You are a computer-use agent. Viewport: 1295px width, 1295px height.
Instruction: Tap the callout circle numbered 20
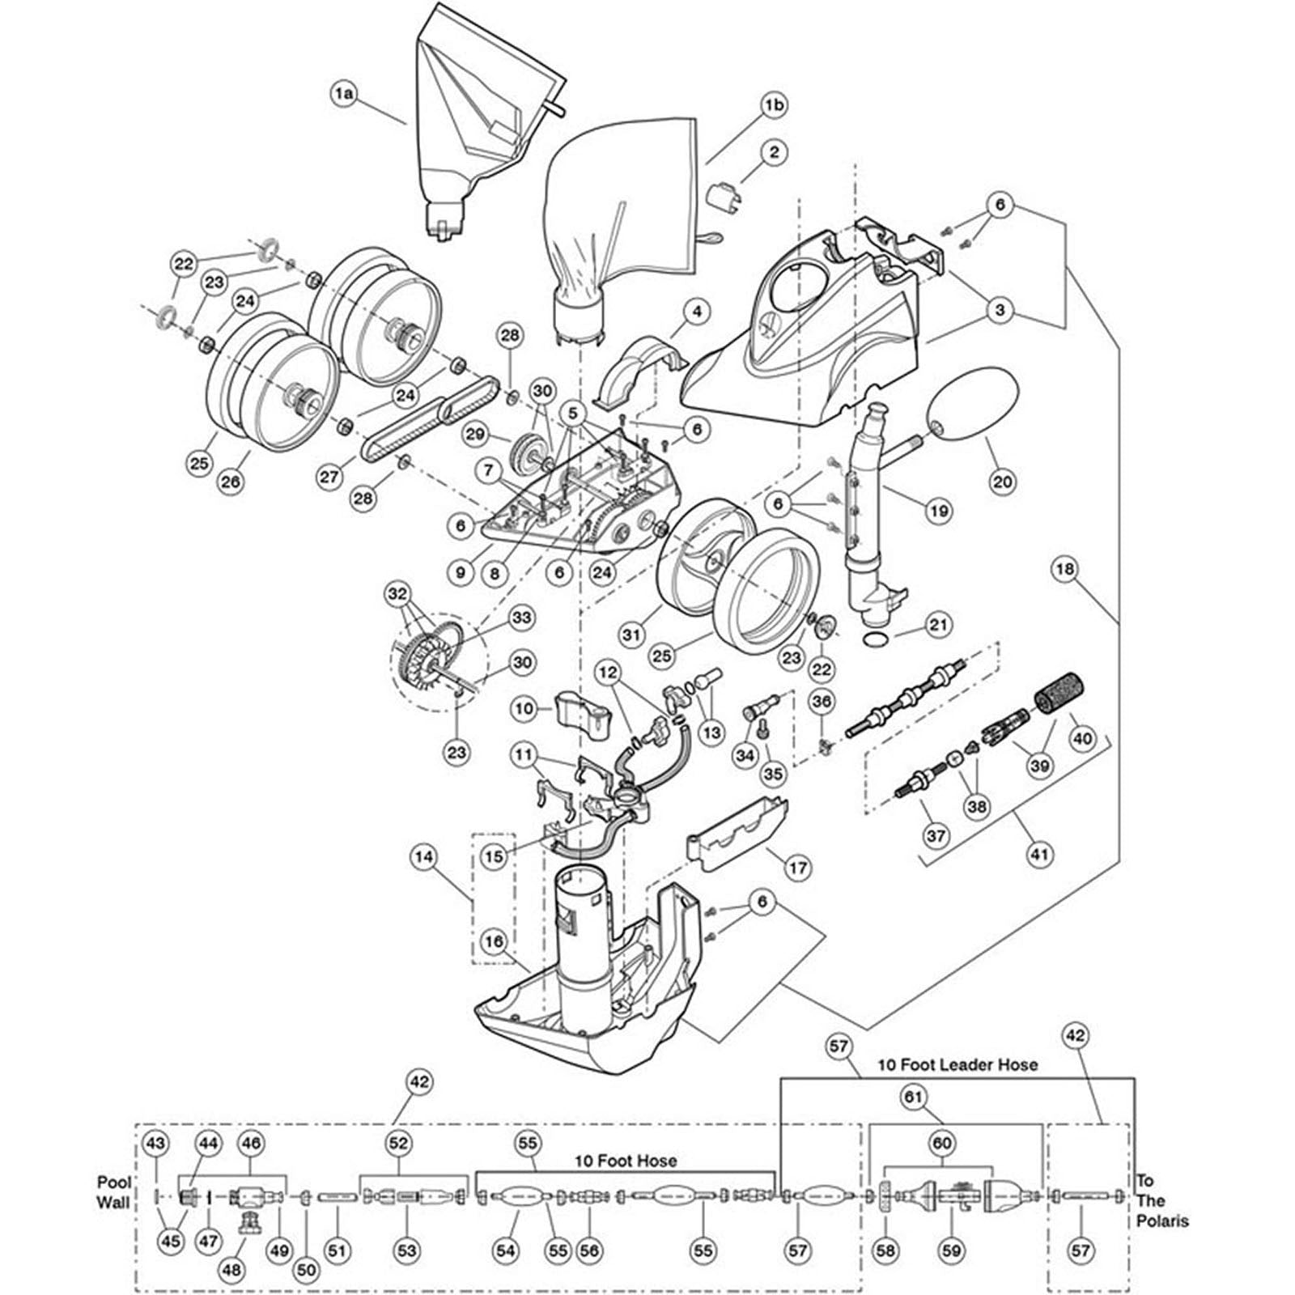tap(1003, 482)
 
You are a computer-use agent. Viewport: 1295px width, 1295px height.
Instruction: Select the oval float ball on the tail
tap(974, 419)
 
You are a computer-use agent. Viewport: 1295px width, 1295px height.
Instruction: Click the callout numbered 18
tap(1064, 569)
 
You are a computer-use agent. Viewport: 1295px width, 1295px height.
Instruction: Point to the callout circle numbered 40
tap(1083, 737)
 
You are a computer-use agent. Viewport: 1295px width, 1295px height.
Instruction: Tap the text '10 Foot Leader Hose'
tap(957, 1064)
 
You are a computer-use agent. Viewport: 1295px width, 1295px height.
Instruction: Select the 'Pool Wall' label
tap(113, 1193)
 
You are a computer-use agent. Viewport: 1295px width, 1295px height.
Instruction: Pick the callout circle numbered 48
tap(232, 1271)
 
